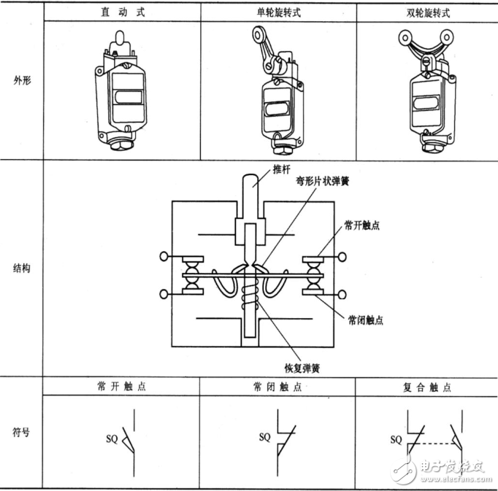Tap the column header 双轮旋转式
(427, 13)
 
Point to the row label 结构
(22, 268)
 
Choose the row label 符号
(22, 432)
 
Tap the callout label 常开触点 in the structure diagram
(361, 225)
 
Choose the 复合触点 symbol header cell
(427, 387)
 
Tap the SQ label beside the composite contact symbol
(396, 439)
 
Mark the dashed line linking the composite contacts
(430, 444)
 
